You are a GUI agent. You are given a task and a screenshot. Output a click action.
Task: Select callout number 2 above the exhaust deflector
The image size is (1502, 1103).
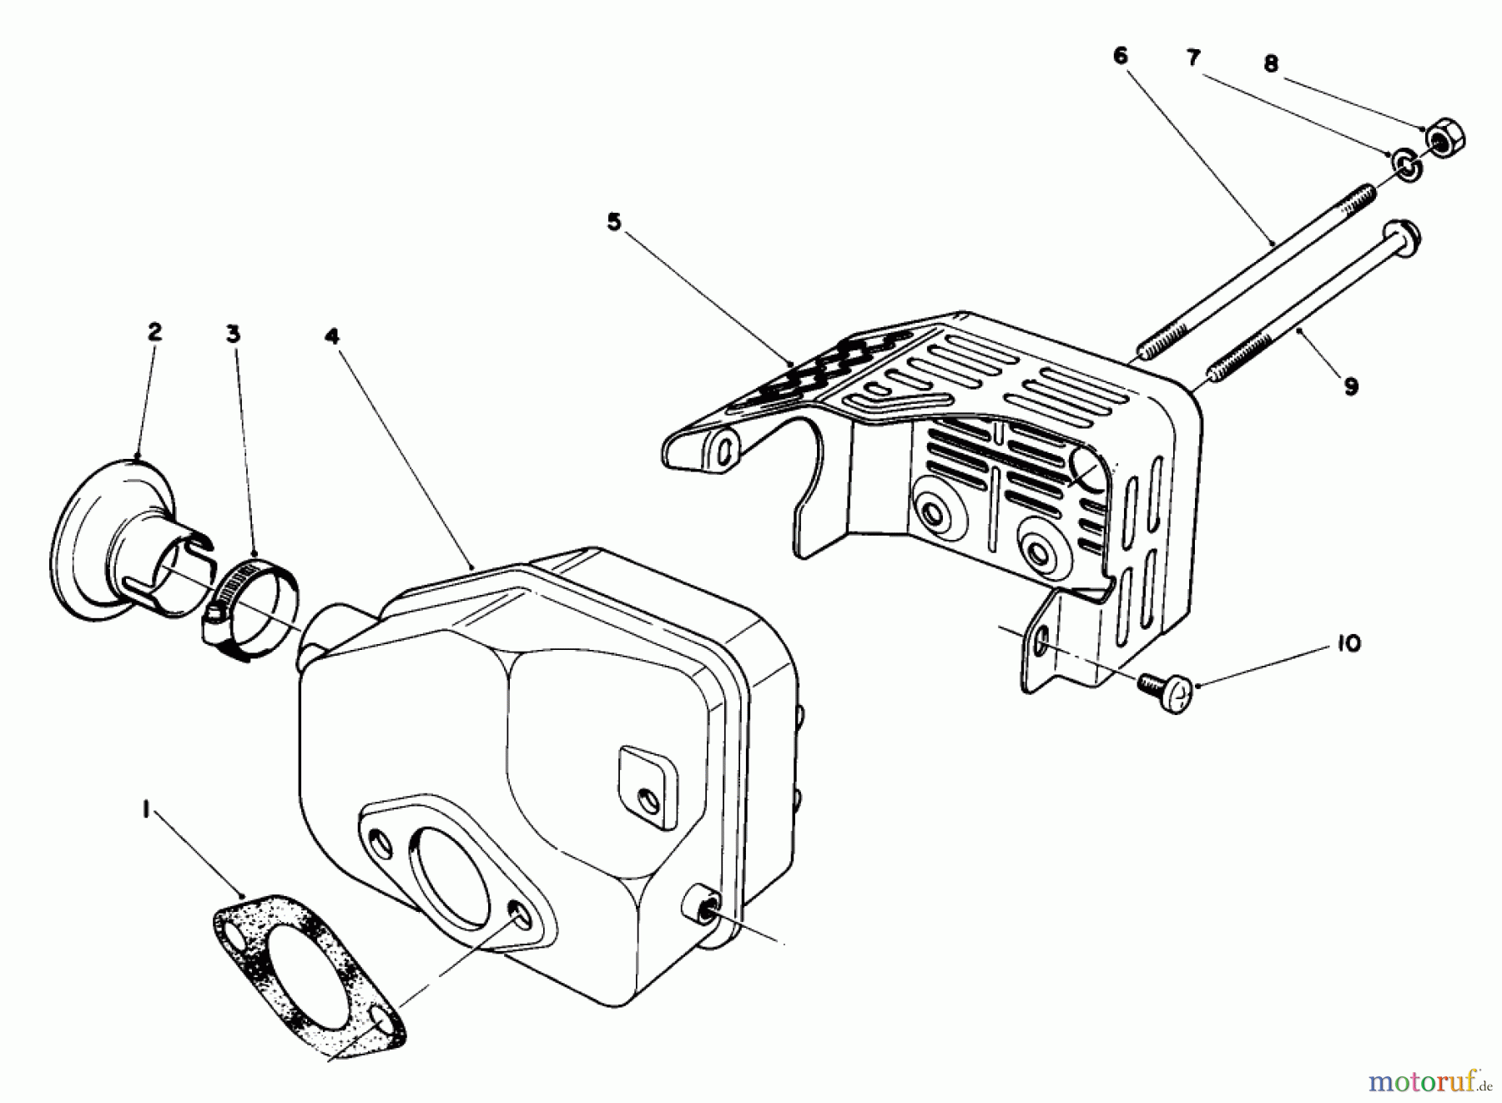(154, 331)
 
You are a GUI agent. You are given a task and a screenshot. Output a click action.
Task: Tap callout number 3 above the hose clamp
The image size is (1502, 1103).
(233, 334)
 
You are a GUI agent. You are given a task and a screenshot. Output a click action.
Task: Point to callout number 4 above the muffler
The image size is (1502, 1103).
(332, 336)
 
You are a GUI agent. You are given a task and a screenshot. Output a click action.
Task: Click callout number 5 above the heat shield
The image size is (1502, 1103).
(614, 224)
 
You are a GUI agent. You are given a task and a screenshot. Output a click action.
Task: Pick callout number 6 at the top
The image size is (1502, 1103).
(1120, 56)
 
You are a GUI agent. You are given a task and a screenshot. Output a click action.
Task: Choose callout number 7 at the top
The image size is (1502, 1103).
(1193, 58)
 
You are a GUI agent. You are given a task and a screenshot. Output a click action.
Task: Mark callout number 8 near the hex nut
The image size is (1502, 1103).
(1271, 64)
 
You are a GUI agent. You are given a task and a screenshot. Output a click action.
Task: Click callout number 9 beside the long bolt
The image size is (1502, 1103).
(1351, 386)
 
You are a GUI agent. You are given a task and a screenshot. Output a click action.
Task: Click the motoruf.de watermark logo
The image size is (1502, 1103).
(1429, 1082)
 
